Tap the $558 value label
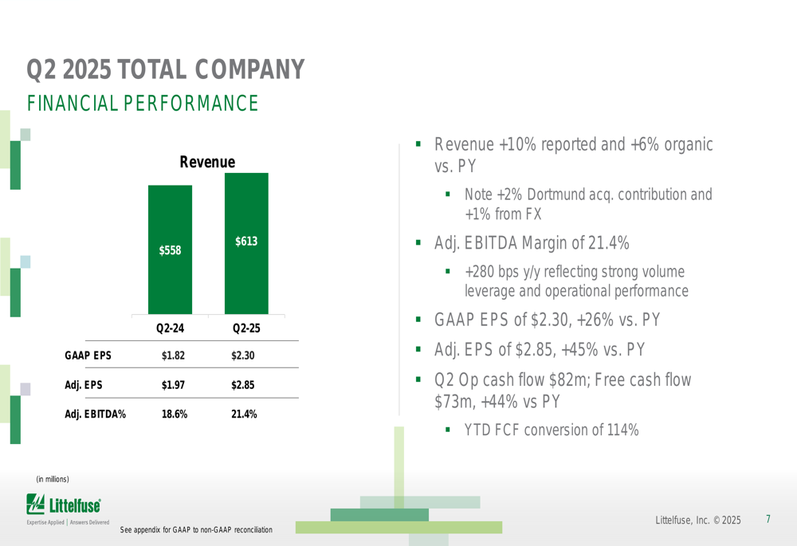(170, 250)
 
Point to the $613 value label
(246, 240)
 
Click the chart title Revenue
(207, 162)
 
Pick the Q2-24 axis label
(170, 328)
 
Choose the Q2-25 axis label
(246, 328)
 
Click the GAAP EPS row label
(88, 355)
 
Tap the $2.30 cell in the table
(243, 355)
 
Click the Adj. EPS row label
(84, 385)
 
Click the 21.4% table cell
(243, 414)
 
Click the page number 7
(768, 520)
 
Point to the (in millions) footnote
(53, 478)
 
